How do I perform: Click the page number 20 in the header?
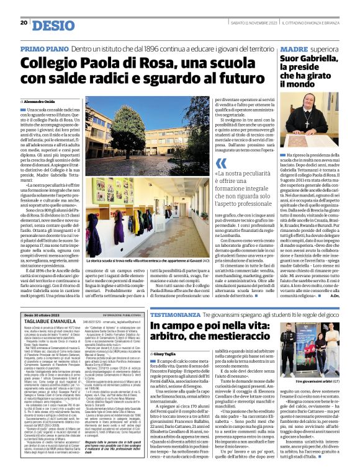click(x=24, y=23)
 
